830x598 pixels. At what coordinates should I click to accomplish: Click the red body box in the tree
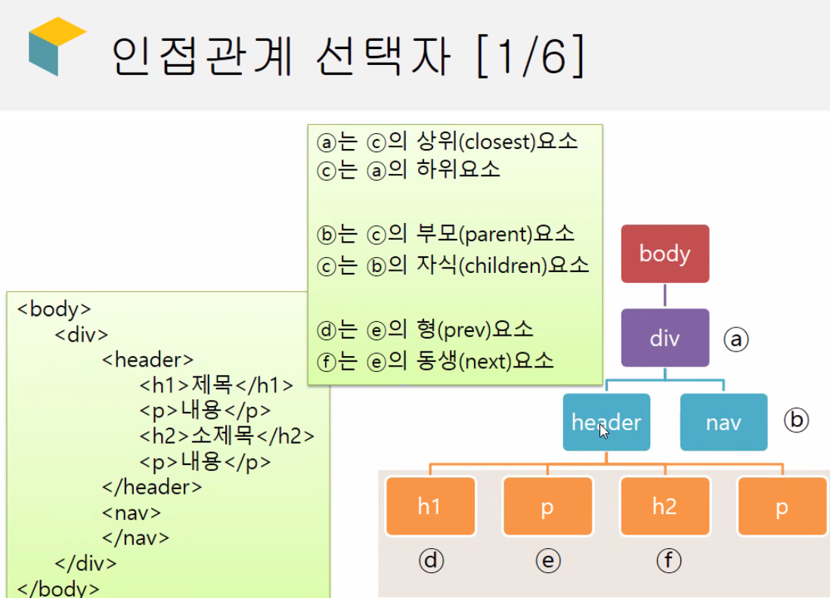pos(665,253)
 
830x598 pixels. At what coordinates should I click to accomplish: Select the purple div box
pos(665,338)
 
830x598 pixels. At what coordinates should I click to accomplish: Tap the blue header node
pos(606,422)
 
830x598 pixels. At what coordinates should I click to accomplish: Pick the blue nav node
pos(723,422)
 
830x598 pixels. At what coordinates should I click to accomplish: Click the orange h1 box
pos(430,507)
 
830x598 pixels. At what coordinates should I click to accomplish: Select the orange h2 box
pos(665,507)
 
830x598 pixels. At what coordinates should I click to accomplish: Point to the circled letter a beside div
pos(736,339)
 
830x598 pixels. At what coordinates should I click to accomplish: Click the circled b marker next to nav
pos(796,420)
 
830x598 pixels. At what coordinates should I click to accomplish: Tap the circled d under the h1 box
pos(431,561)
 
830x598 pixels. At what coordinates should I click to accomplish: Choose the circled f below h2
pos(668,561)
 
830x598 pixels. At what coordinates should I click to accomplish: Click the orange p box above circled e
pos(548,507)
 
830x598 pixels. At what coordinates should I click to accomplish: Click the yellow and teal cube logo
pos(57,46)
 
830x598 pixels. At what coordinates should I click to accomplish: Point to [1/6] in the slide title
pos(531,56)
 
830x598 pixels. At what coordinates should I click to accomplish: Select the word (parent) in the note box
pos(496,234)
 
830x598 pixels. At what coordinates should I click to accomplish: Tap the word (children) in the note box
pos(503,265)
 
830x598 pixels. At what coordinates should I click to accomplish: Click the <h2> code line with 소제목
pos(227,435)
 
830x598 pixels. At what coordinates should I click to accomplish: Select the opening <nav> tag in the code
pos(132,513)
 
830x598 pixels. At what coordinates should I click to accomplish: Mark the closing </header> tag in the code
pos(152,487)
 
